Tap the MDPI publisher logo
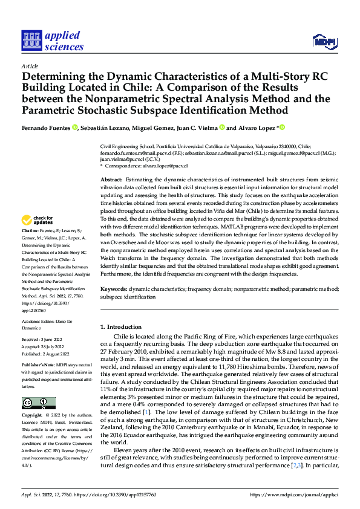click(325, 41)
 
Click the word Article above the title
click(30, 65)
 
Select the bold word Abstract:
click(112, 180)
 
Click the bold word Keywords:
click(114, 290)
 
